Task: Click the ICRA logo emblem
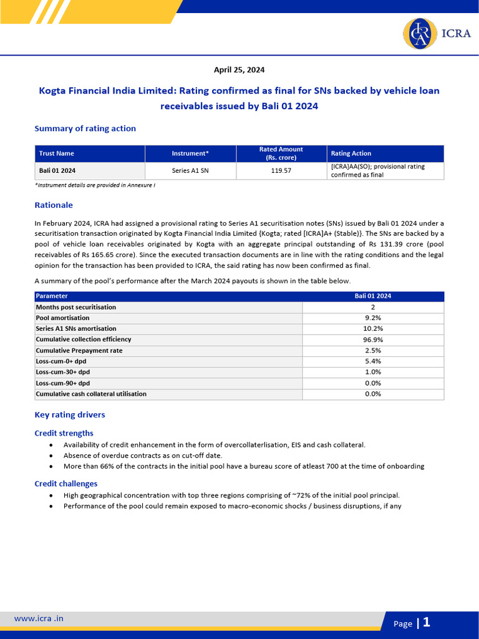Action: (420, 34)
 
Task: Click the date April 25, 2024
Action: (239, 70)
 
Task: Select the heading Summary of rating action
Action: (85, 129)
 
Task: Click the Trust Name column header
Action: (57, 154)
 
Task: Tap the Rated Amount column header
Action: (281, 154)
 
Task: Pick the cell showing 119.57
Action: (281, 170)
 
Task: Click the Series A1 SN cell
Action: (190, 170)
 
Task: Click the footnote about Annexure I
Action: (95, 185)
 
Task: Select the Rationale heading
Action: (54, 205)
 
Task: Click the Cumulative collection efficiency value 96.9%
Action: (373, 339)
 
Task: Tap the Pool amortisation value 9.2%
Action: (373, 318)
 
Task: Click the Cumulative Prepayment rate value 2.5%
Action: (373, 351)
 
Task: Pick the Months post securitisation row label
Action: (76, 307)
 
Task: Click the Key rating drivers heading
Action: (70, 414)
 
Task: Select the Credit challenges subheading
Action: (65, 484)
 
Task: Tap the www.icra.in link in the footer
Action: (39, 618)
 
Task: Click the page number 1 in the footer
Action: (427, 622)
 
